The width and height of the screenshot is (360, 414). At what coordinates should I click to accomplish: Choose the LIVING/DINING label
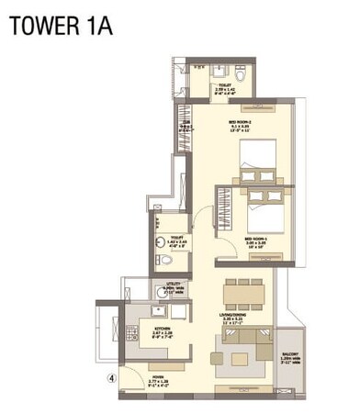pos(242,318)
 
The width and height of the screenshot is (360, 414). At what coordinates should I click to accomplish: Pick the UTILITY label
pos(168,287)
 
